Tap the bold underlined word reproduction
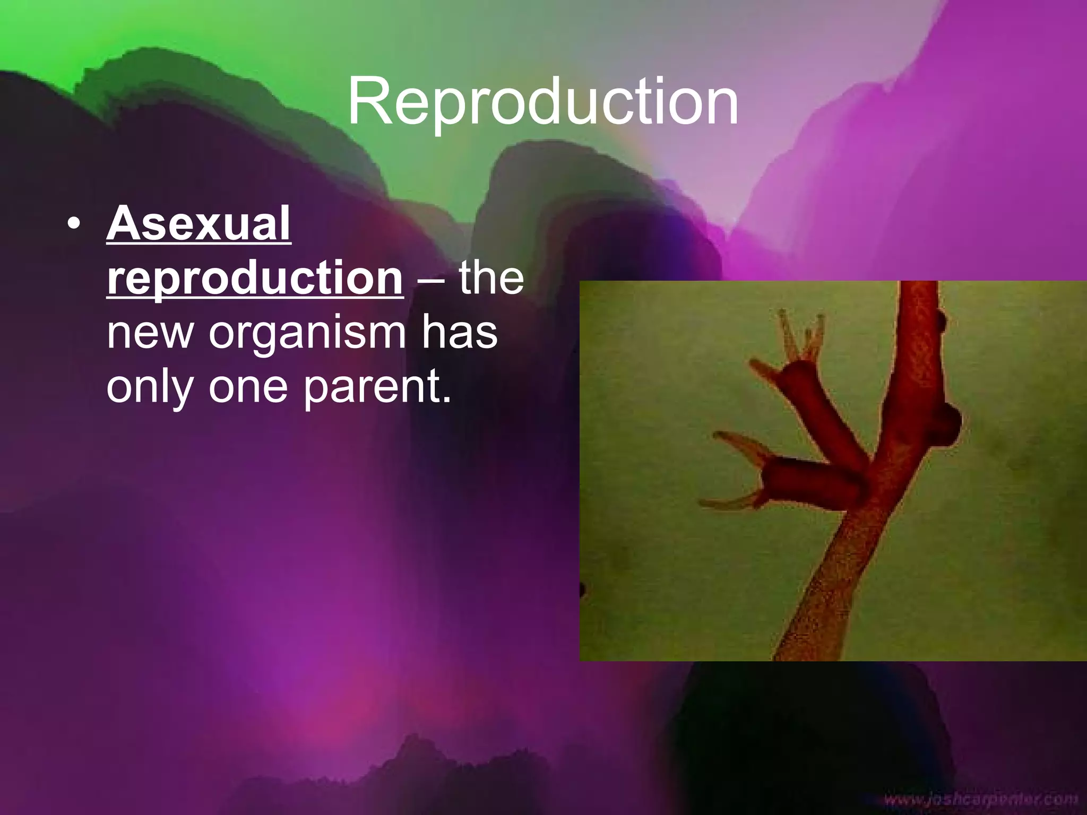pyautogui.click(x=255, y=279)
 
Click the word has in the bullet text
pyautogui.click(x=460, y=333)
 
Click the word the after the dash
pyautogui.click(x=491, y=279)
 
